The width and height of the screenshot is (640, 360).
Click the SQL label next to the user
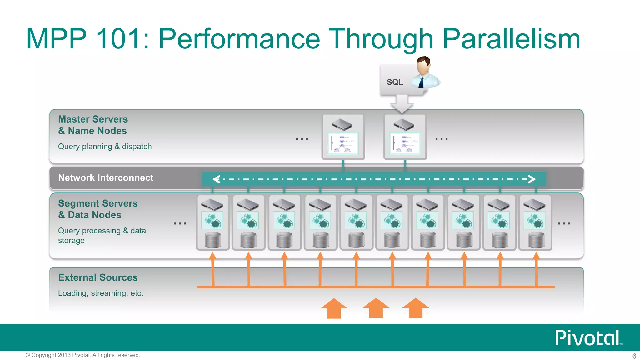click(x=395, y=82)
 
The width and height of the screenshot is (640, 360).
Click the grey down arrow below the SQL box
click(x=402, y=104)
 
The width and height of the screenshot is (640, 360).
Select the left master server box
click(x=343, y=137)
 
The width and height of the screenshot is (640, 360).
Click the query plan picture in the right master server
click(x=405, y=143)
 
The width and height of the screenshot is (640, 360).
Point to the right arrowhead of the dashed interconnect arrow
click(x=532, y=179)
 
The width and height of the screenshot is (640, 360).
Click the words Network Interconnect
click(x=106, y=178)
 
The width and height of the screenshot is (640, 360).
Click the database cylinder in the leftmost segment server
click(x=213, y=240)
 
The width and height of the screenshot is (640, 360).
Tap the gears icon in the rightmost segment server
click(x=535, y=220)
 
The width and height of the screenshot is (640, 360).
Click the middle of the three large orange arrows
click(x=376, y=308)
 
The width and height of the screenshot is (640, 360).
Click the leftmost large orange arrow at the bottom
click(x=334, y=308)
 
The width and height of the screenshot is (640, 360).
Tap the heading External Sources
click(x=98, y=277)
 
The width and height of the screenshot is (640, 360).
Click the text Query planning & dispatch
click(x=105, y=147)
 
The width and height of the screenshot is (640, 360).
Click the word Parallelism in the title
click(x=511, y=39)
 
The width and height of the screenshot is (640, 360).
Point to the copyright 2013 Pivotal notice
click(x=83, y=355)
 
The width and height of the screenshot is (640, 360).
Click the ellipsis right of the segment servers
click(x=564, y=223)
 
